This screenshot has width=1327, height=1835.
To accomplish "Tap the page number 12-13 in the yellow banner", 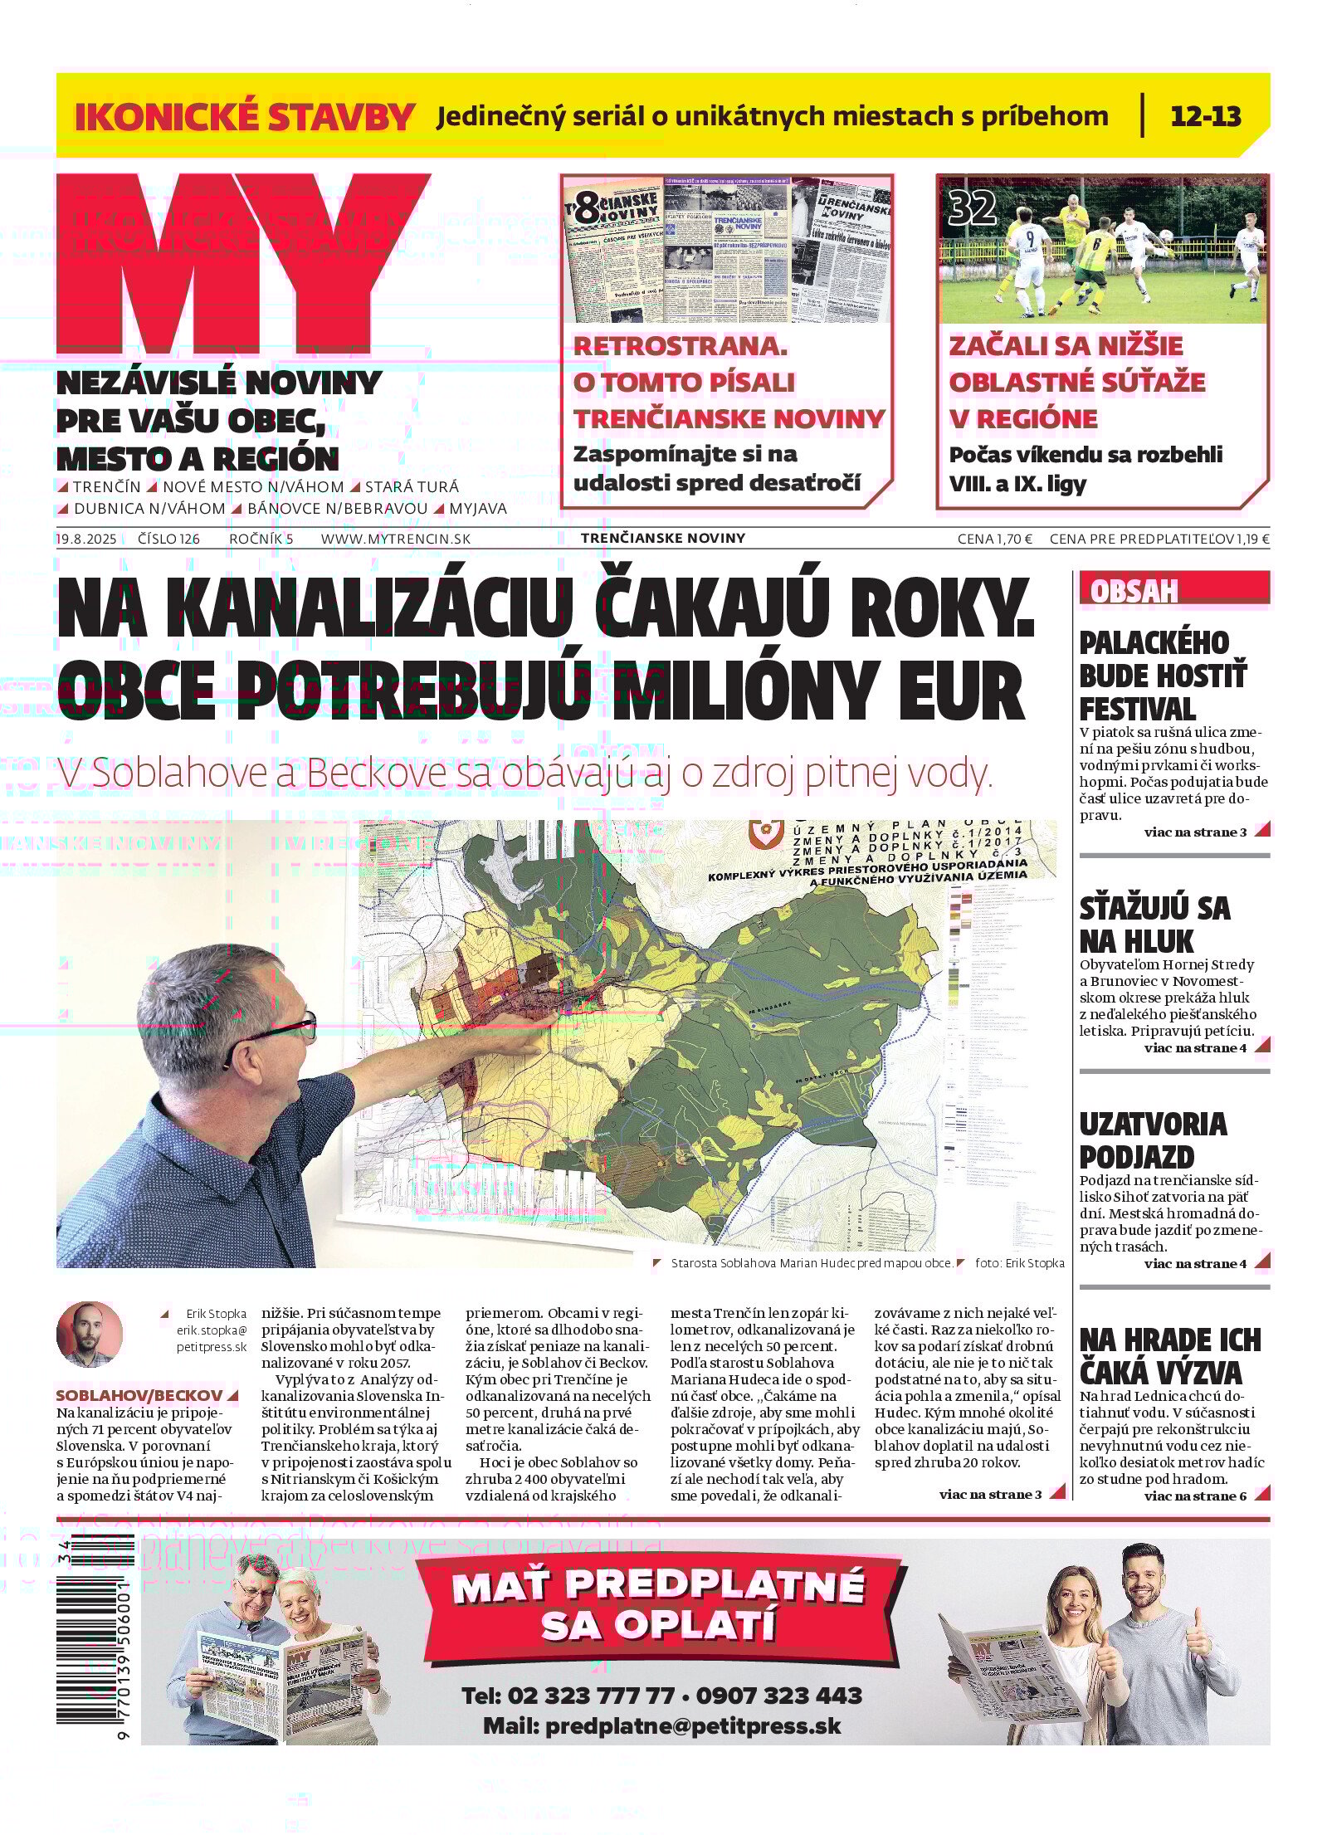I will click(1205, 115).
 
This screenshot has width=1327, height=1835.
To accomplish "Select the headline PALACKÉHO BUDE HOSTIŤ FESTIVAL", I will click(1163, 676).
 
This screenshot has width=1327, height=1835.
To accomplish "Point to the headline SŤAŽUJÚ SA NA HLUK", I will click(1154, 924).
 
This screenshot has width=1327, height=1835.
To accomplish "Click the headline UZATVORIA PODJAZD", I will click(1153, 1139).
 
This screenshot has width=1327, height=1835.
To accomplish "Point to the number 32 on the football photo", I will click(972, 207).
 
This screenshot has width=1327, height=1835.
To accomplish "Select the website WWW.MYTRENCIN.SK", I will click(395, 539).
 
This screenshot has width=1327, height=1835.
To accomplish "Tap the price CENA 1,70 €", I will click(994, 539).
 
